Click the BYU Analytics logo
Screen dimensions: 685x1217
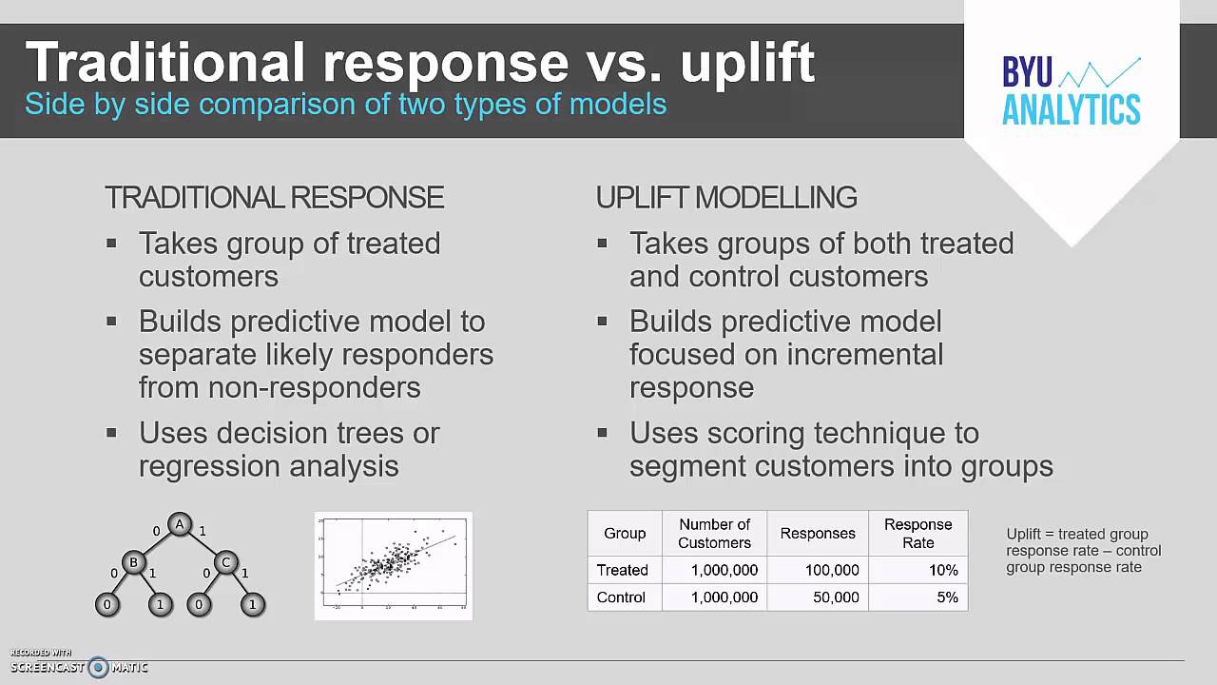pyautogui.click(x=1071, y=90)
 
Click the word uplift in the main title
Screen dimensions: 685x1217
pyautogui.click(x=747, y=62)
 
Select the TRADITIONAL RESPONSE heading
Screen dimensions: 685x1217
pyautogui.click(x=274, y=197)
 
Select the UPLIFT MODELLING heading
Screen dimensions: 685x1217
pyautogui.click(x=726, y=197)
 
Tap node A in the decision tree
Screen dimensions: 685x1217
pyautogui.click(x=180, y=524)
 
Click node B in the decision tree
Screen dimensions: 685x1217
pyautogui.click(x=134, y=562)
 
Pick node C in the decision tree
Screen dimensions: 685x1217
pyautogui.click(x=225, y=562)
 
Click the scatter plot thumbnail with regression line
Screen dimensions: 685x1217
pyautogui.click(x=393, y=566)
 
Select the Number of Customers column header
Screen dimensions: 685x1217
pyautogui.click(x=714, y=533)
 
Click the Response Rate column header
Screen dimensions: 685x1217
pyautogui.click(x=918, y=533)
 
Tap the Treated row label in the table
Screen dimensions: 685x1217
pyautogui.click(x=623, y=570)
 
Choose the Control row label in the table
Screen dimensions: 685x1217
pyautogui.click(x=621, y=597)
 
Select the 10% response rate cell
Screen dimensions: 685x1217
pyautogui.click(x=943, y=570)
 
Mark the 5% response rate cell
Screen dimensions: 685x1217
pyautogui.click(x=947, y=597)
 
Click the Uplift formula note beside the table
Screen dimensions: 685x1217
pyautogui.click(x=1083, y=551)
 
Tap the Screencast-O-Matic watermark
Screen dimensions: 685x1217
pyautogui.click(x=79, y=666)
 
